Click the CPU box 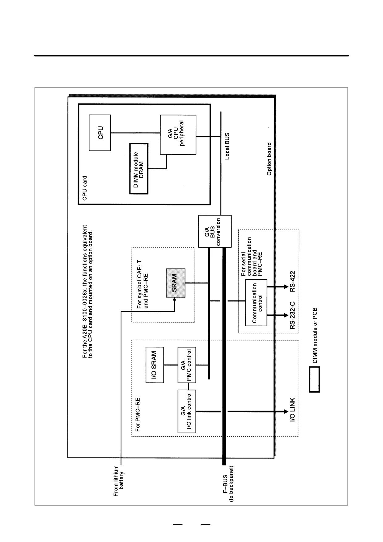100,133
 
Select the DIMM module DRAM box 139,168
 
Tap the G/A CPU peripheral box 178,135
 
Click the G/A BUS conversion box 215,231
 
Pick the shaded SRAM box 176,283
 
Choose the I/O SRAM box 155,365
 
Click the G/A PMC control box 187,365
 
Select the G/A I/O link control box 187,411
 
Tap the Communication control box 256,303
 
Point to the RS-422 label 292,282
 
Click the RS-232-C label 292,315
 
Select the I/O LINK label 292,410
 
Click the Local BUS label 227,146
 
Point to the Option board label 269,159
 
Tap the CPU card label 85,188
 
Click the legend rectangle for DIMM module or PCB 314,379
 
